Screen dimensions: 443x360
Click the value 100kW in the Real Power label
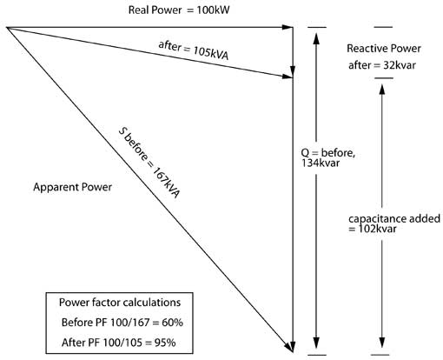213,10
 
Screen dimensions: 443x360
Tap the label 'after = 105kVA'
194,50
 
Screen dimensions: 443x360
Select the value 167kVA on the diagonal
166,183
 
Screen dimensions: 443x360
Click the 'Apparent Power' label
72,187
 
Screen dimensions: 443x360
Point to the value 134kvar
321,163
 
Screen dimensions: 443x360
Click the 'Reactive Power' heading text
384,49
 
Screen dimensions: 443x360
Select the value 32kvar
400,65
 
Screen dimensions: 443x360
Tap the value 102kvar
377,229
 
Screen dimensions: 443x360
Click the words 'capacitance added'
394,218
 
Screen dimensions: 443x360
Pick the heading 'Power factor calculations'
120,303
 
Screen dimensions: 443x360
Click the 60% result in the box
172,323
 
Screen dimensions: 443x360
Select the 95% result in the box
165,343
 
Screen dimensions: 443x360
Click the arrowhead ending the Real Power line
288,27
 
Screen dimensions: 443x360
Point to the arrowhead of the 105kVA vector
288,77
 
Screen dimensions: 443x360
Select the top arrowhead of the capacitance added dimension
382,90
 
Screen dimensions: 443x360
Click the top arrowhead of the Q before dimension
316,38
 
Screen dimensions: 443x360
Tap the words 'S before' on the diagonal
133,144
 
